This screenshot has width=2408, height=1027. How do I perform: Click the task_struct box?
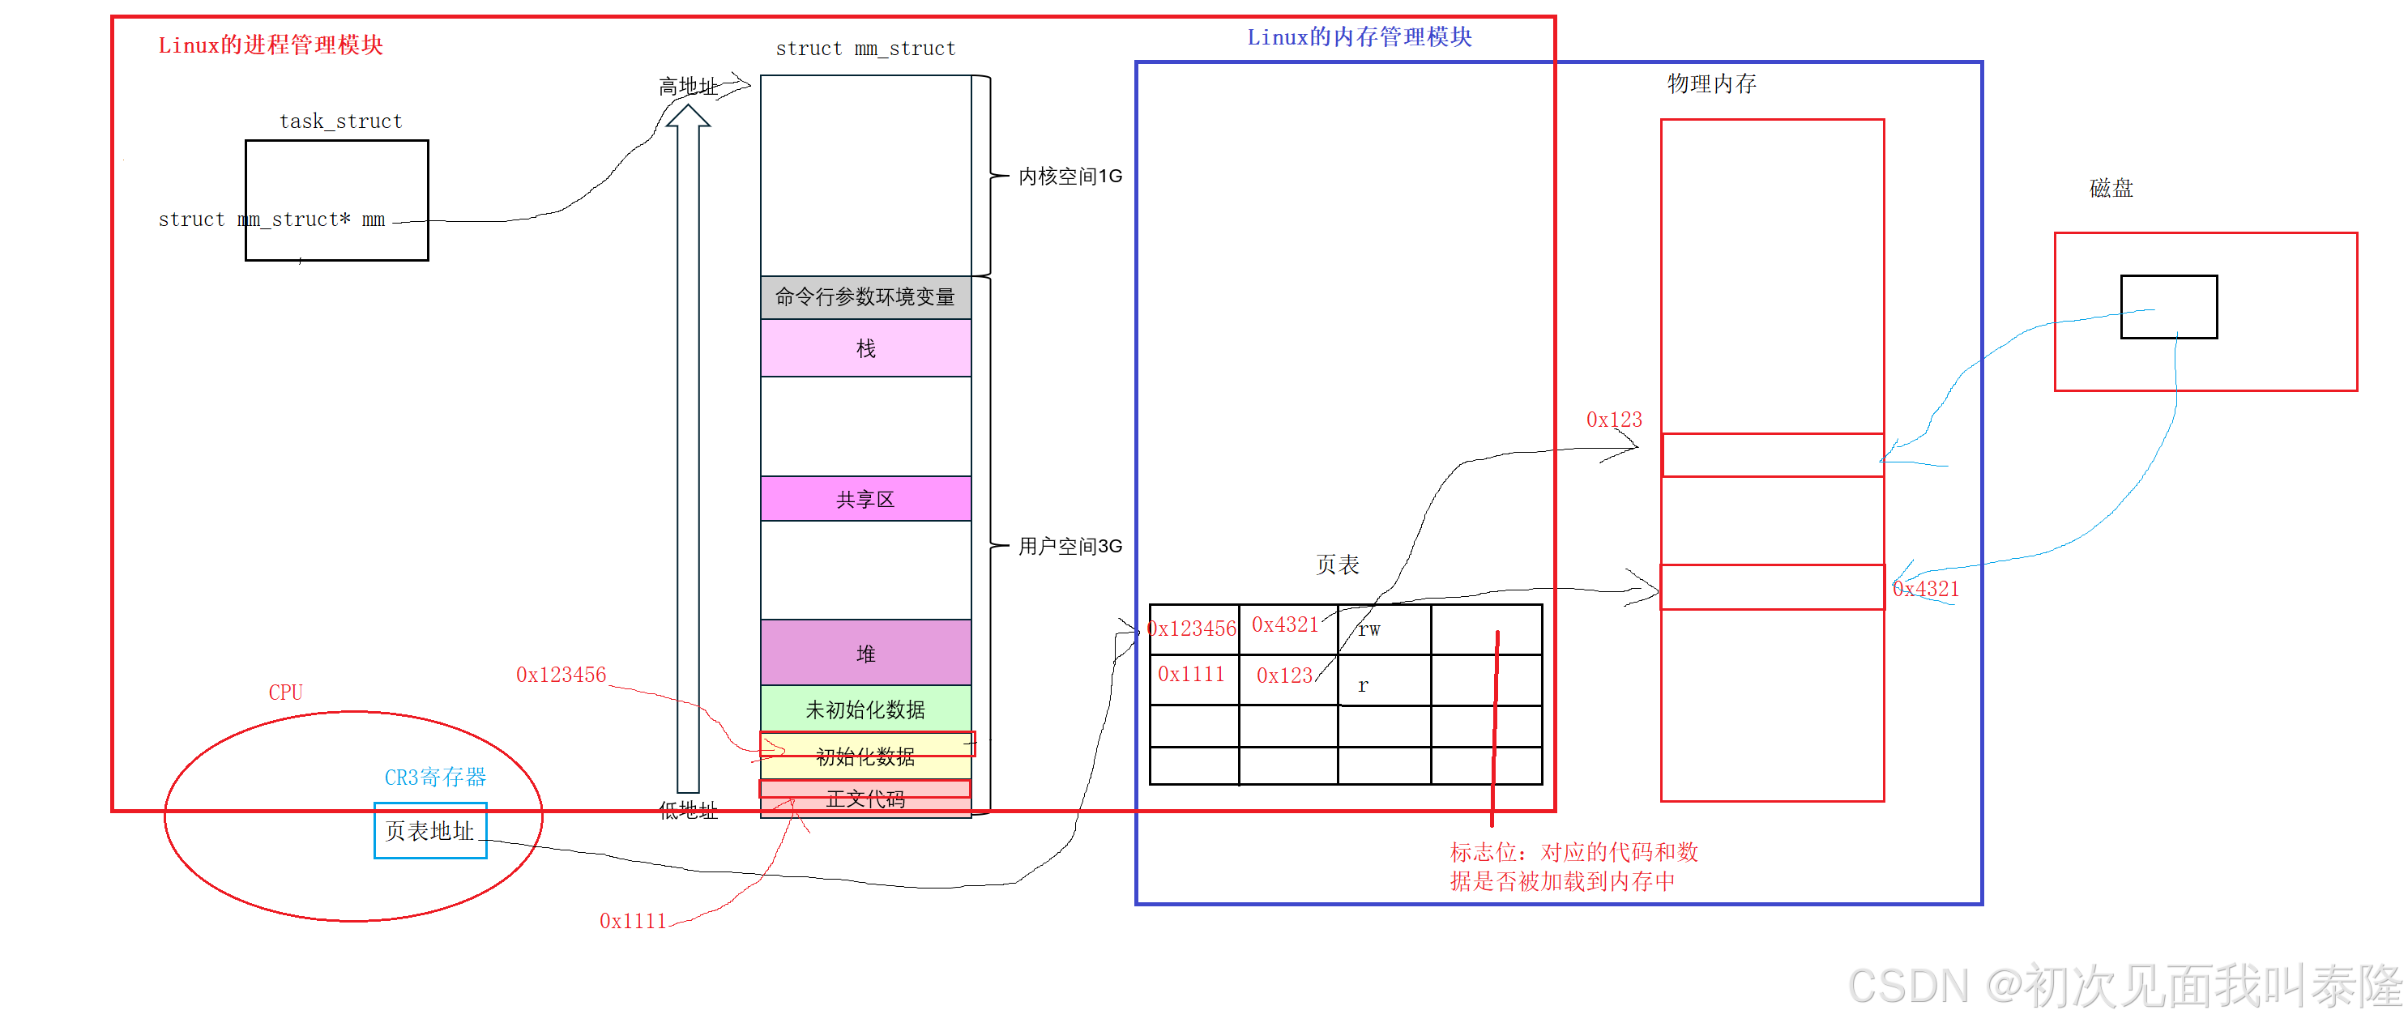tap(336, 200)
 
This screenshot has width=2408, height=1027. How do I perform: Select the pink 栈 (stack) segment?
tap(865, 348)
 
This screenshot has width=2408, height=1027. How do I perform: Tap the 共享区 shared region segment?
tap(865, 499)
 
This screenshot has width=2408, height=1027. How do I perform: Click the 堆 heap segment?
tap(865, 653)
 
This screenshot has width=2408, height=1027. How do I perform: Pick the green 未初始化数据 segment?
tap(865, 710)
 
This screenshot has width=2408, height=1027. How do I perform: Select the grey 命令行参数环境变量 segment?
tap(865, 297)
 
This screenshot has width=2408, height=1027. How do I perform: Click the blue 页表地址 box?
tap(430, 831)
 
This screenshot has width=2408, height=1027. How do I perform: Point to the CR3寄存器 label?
tap(436, 777)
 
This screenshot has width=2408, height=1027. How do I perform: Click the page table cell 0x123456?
tap(1193, 629)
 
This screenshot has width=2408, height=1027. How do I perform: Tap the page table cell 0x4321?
tap(1287, 625)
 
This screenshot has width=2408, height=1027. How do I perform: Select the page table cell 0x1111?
tap(1191, 674)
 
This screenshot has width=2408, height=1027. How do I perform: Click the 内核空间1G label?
tap(1070, 176)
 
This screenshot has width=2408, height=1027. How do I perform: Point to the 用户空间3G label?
tap(1070, 546)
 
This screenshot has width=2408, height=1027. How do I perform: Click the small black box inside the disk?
tap(2169, 306)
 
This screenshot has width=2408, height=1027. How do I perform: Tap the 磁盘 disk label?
tap(2111, 188)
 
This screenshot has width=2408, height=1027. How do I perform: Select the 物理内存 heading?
tap(1711, 84)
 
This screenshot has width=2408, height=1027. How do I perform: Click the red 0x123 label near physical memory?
tap(1613, 420)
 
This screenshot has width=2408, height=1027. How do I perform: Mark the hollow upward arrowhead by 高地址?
tap(688, 116)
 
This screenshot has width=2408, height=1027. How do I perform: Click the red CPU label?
tap(285, 692)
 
